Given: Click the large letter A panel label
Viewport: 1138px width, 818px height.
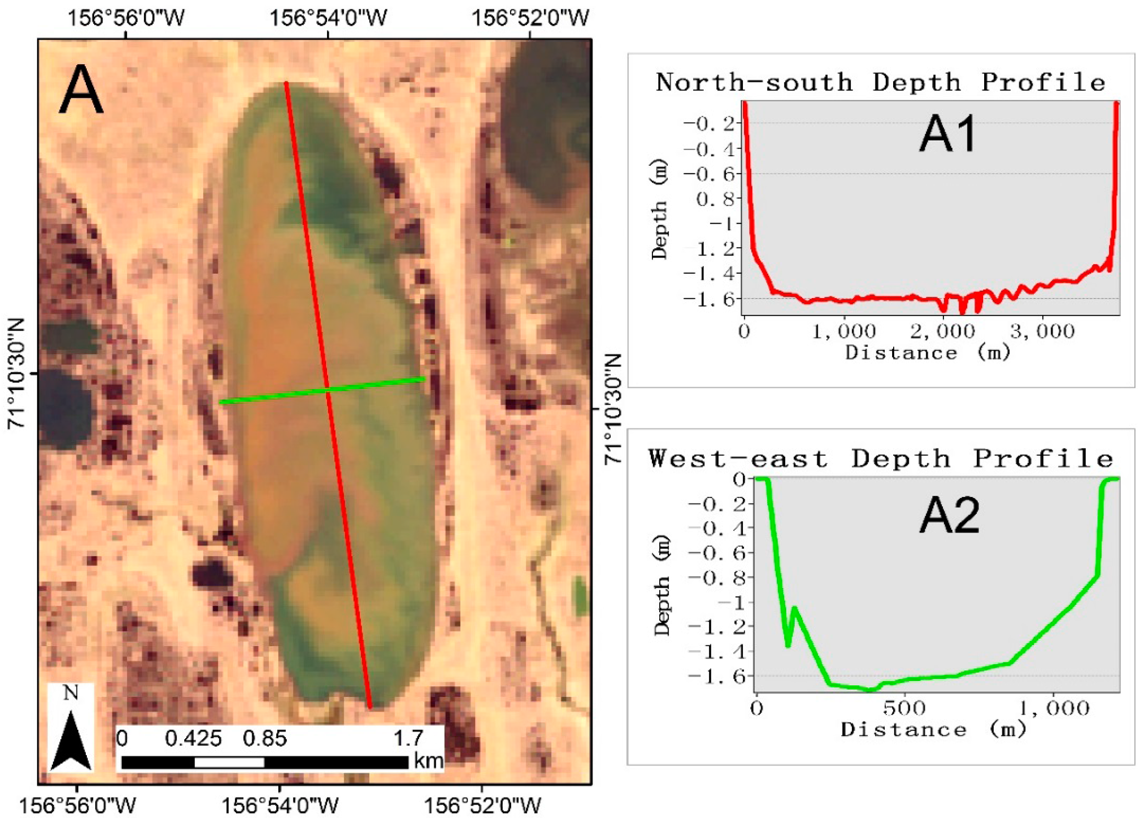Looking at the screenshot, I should pyautogui.click(x=81, y=90).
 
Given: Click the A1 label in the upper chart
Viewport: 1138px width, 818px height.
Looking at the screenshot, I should pyautogui.click(x=948, y=135).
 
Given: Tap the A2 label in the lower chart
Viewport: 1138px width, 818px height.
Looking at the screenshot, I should pyautogui.click(x=949, y=516).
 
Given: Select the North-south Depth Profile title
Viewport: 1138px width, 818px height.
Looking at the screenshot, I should pyautogui.click(x=880, y=83).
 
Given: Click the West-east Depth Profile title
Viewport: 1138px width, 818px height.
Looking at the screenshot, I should pyautogui.click(x=881, y=459).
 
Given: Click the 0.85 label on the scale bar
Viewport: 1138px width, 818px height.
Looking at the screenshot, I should pyautogui.click(x=265, y=738).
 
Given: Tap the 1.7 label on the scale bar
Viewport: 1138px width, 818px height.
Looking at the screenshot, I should pyautogui.click(x=408, y=738).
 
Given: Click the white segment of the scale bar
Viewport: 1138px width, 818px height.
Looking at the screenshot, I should pyautogui.click(x=229, y=763).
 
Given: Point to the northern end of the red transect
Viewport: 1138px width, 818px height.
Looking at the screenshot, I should pyautogui.click(x=285, y=83).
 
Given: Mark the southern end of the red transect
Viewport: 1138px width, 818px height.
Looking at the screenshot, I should pyautogui.click(x=370, y=707).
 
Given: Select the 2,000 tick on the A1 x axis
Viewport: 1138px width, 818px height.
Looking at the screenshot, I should pyautogui.click(x=942, y=331).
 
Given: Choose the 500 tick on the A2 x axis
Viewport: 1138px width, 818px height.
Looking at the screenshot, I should pyautogui.click(x=904, y=708).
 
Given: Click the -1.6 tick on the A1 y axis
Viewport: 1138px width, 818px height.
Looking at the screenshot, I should pyautogui.click(x=712, y=299).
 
